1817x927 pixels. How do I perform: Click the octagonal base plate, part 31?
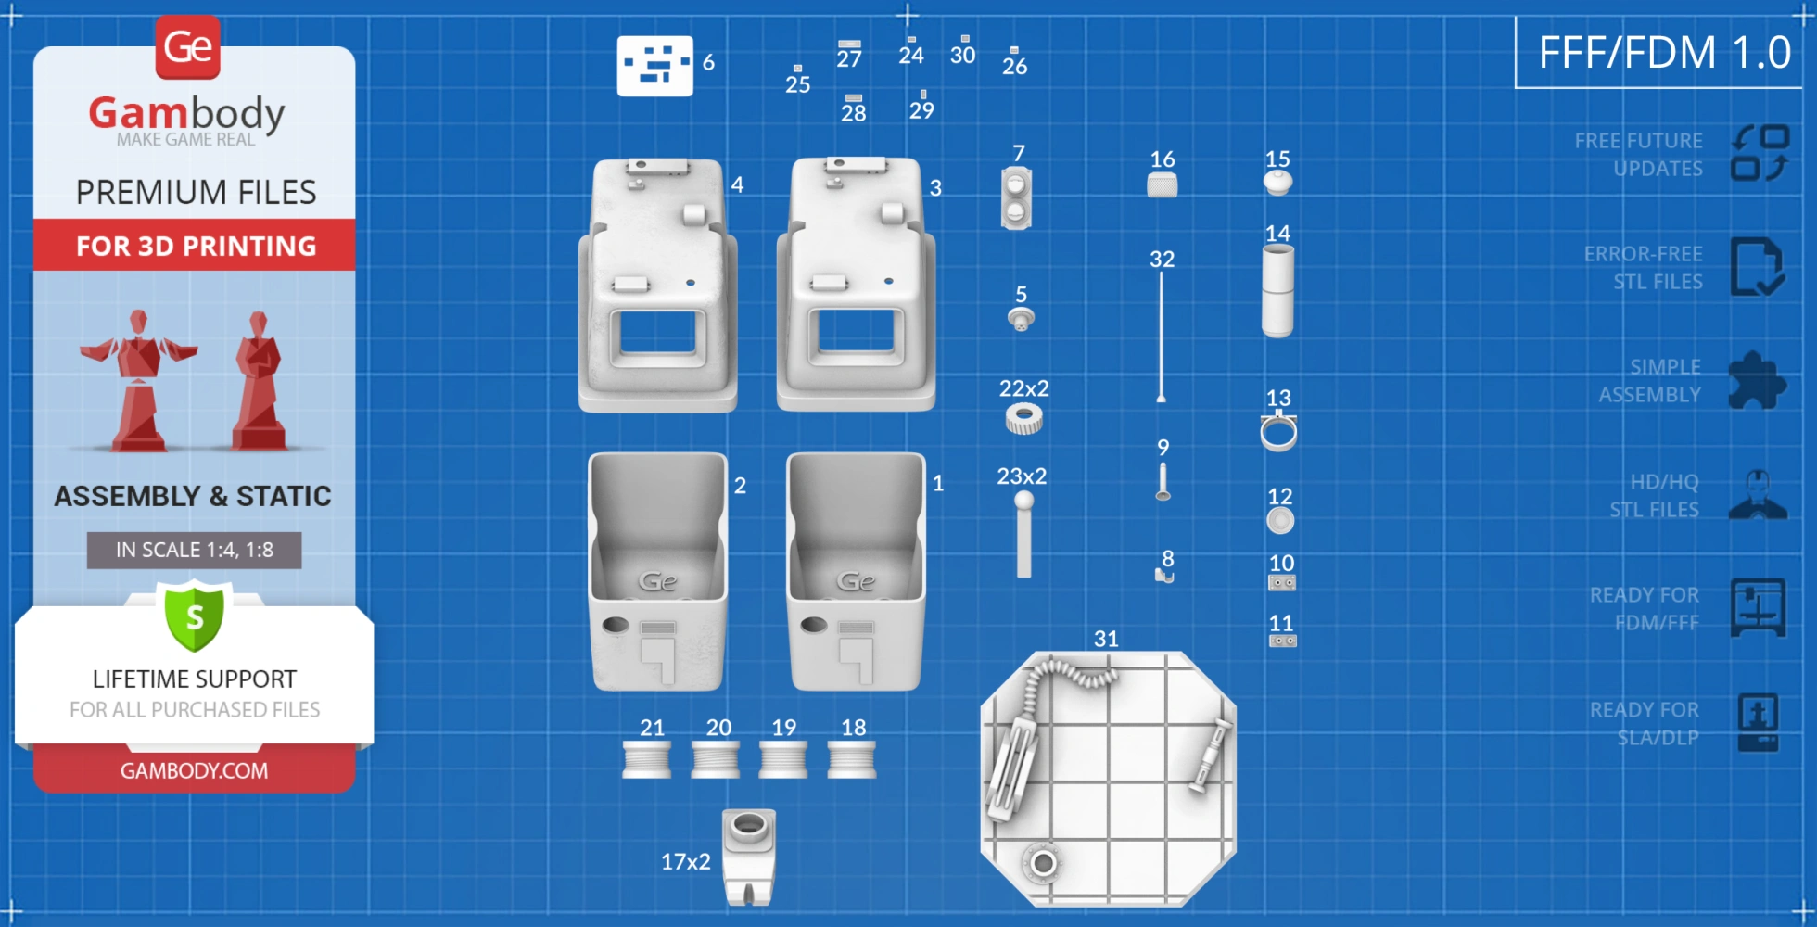pos(1108,779)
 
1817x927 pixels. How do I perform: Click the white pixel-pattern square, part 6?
pos(654,66)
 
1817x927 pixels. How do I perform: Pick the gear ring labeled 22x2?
pos(1023,419)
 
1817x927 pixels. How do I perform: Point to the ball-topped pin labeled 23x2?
pos(1023,534)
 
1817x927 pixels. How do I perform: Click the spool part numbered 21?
pos(647,759)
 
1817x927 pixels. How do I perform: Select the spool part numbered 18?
pos(851,759)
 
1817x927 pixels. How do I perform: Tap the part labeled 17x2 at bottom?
pos(749,857)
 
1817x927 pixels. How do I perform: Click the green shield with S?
pos(195,616)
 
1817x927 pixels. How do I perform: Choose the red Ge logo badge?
pos(188,46)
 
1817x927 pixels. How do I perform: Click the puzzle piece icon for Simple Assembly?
pos(1757,380)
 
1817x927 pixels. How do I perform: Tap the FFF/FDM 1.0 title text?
pos(1664,52)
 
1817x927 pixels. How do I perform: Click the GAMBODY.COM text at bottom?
pos(194,770)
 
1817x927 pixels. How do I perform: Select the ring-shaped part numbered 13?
pos(1278,432)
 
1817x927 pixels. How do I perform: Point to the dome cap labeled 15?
pos(1277,183)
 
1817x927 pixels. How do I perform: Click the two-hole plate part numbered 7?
pos(1016,198)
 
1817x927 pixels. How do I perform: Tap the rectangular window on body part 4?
pos(658,333)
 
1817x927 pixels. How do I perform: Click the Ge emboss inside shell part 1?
pos(856,581)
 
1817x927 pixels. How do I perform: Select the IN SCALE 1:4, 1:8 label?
pos(194,550)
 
